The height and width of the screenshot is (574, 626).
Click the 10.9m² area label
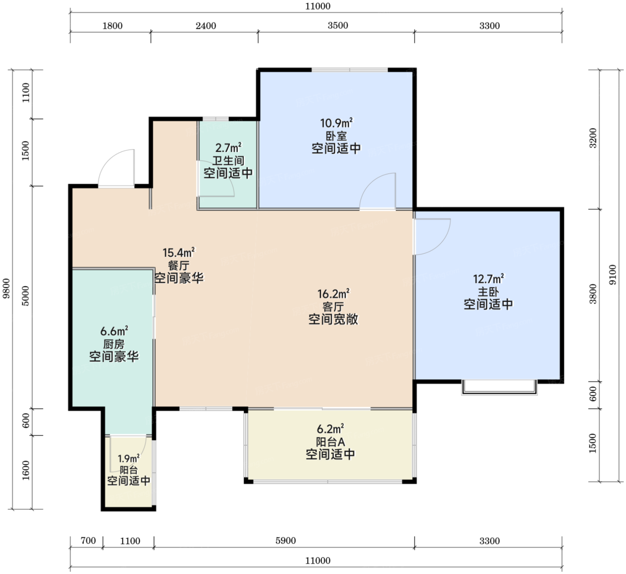click(336, 123)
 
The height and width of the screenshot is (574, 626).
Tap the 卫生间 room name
click(228, 160)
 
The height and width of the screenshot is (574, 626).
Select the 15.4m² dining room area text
click(179, 252)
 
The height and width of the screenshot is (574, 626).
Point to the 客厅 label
click(333, 307)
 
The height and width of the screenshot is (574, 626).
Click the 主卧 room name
click(488, 292)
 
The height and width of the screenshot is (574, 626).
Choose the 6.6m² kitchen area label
click(114, 331)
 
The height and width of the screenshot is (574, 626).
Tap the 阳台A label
click(330, 442)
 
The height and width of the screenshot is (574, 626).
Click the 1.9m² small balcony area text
click(128, 459)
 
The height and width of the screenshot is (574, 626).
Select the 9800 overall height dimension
click(6, 289)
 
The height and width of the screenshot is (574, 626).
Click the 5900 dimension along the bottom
click(286, 540)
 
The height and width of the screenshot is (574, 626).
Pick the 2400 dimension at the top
click(206, 25)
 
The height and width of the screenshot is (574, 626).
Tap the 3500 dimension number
click(338, 25)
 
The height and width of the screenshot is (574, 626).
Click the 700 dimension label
click(89, 540)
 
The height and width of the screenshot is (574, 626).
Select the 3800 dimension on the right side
click(592, 294)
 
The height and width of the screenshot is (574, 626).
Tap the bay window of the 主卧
click(499, 388)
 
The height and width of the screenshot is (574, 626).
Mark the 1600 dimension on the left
click(26, 470)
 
